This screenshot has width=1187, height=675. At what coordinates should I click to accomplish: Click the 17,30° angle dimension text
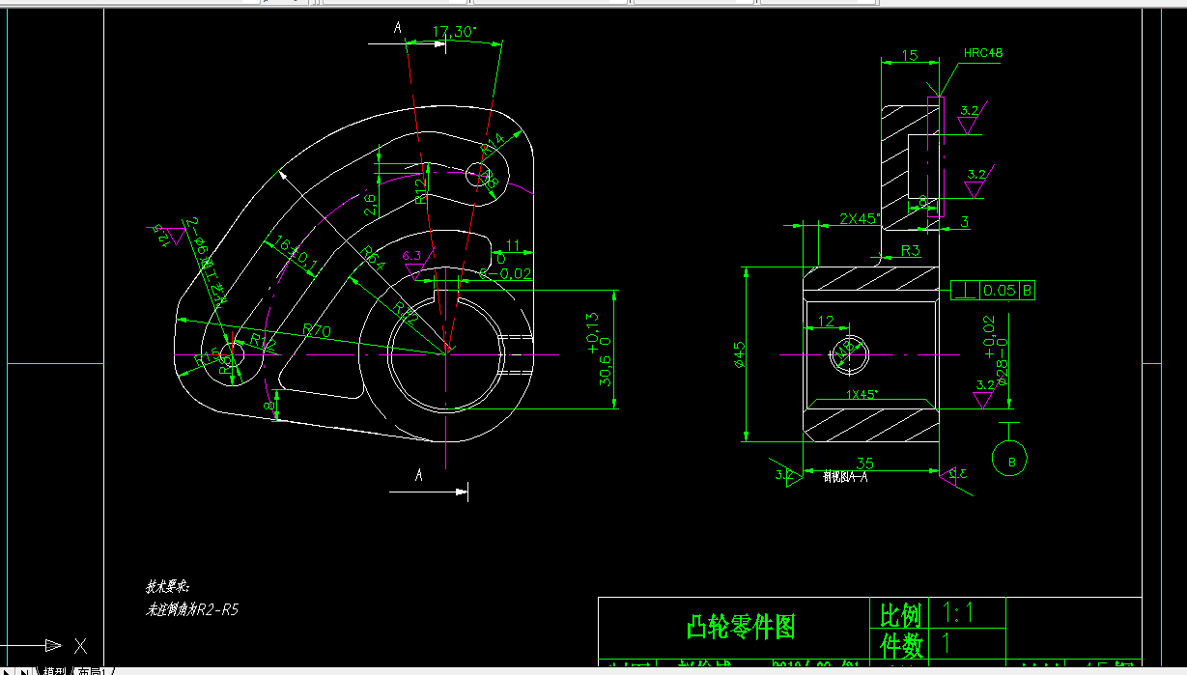click(x=454, y=32)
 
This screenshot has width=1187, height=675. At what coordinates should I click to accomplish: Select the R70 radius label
click(x=317, y=330)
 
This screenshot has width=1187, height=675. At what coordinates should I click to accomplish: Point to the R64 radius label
click(x=373, y=257)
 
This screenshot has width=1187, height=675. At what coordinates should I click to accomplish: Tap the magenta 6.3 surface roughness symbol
click(x=412, y=256)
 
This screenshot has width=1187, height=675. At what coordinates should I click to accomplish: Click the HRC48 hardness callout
click(x=982, y=53)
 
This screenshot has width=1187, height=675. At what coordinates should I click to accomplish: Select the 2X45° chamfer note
click(x=858, y=218)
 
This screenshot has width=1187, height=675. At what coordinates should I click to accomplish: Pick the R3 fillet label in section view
click(x=910, y=251)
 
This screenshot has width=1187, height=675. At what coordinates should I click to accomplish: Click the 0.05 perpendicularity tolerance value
click(x=1000, y=290)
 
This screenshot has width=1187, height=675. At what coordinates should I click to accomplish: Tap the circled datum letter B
click(x=1011, y=462)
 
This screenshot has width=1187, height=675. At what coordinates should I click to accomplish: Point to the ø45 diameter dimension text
click(x=741, y=355)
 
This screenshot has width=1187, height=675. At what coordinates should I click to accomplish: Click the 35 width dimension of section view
click(x=864, y=464)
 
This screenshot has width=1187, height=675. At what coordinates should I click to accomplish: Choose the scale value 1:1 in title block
click(x=959, y=612)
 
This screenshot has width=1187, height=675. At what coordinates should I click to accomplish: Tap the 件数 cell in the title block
click(x=900, y=643)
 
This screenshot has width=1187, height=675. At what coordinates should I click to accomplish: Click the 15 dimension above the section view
click(x=908, y=56)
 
